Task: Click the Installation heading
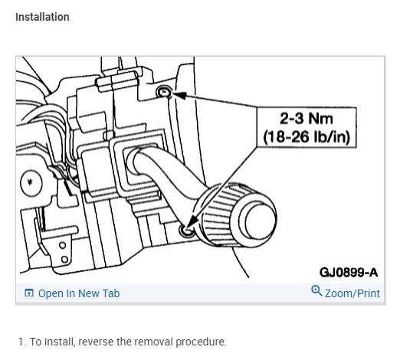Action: point(42,17)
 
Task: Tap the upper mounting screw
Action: point(164,92)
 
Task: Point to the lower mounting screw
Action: point(187,231)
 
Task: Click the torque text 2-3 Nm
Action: point(307,119)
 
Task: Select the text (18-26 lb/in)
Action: point(307,137)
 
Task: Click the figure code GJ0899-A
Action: point(349,273)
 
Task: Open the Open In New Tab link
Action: point(79,293)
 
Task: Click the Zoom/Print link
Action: point(352,293)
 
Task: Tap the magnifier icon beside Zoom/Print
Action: point(316,291)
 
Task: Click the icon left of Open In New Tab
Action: point(29,293)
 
